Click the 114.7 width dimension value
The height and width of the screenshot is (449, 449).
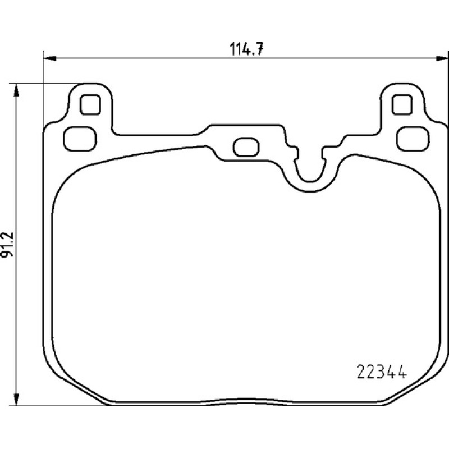pyautogui.click(x=246, y=49)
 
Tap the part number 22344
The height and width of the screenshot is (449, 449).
pyautogui.click(x=382, y=372)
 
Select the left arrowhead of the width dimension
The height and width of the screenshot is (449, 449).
pyautogui.click(x=49, y=58)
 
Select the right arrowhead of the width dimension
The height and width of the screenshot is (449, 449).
pyautogui.click(x=441, y=58)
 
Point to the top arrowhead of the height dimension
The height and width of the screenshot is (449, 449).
pyautogui.click(x=16, y=90)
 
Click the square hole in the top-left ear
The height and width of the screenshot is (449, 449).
pyautogui.click(x=90, y=105)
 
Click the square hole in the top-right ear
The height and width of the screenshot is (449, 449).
pyautogui.click(x=402, y=105)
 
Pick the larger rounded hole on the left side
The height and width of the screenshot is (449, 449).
pyautogui.click(x=80, y=139)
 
